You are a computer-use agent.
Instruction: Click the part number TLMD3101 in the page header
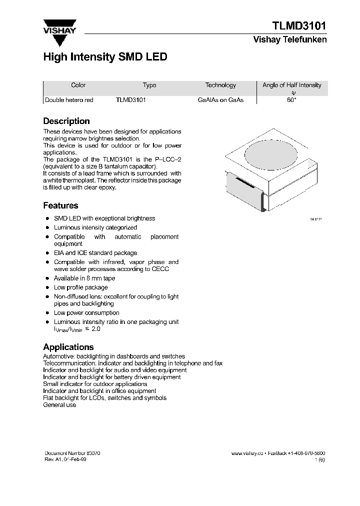pyautogui.click(x=299, y=26)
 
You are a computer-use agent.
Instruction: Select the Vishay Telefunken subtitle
pyautogui.click(x=290, y=40)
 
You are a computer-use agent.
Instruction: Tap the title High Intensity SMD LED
pyautogui.click(x=105, y=57)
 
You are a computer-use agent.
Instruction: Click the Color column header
pyautogui.click(x=78, y=85)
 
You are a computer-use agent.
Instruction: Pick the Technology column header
pyautogui.click(x=220, y=85)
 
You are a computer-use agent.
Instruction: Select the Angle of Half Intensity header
pyautogui.click(x=291, y=85)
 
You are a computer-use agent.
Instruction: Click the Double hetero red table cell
pyautogui.click(x=69, y=100)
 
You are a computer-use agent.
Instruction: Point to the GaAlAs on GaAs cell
pyautogui.click(x=220, y=100)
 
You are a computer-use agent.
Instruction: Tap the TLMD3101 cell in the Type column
pyautogui.click(x=130, y=100)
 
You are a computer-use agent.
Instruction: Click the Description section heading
pyautogui.click(x=66, y=121)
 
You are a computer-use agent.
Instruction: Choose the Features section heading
pyautogui.click(x=60, y=205)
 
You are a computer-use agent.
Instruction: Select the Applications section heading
pyautogui.click(x=68, y=347)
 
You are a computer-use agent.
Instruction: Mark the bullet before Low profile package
pyautogui.click(x=47, y=287)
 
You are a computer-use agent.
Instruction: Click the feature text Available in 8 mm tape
pyautogui.click(x=84, y=278)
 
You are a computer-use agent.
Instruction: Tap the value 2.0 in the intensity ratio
pyautogui.click(x=96, y=329)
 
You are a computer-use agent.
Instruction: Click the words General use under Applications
pyautogui.click(x=59, y=405)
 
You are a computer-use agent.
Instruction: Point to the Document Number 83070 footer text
pyautogui.click(x=72, y=453)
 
